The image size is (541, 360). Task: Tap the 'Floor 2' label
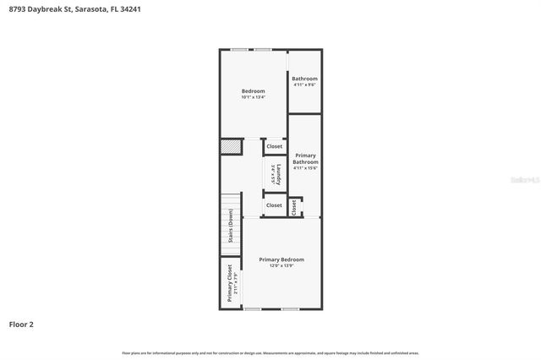pyautogui.click(x=21, y=324)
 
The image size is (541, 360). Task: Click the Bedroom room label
pyautogui.click(x=253, y=91)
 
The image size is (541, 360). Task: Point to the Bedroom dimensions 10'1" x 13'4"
pyautogui.click(x=253, y=98)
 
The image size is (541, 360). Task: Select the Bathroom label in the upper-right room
pyautogui.click(x=304, y=79)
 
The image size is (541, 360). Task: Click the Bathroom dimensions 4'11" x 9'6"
pyautogui.click(x=304, y=85)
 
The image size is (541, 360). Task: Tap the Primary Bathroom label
pyautogui.click(x=305, y=159)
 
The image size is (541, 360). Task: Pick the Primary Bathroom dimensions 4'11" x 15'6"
pyautogui.click(x=305, y=168)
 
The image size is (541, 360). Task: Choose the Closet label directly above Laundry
pyautogui.click(x=275, y=146)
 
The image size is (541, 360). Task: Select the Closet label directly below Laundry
pyautogui.click(x=274, y=205)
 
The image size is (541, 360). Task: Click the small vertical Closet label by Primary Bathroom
pyautogui.click(x=293, y=207)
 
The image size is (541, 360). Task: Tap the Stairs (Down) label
pyautogui.click(x=230, y=226)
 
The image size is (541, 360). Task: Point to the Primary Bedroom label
pyautogui.click(x=281, y=259)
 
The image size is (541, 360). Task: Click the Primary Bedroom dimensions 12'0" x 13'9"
pyautogui.click(x=281, y=266)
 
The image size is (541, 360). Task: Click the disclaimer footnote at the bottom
pyautogui.click(x=270, y=353)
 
